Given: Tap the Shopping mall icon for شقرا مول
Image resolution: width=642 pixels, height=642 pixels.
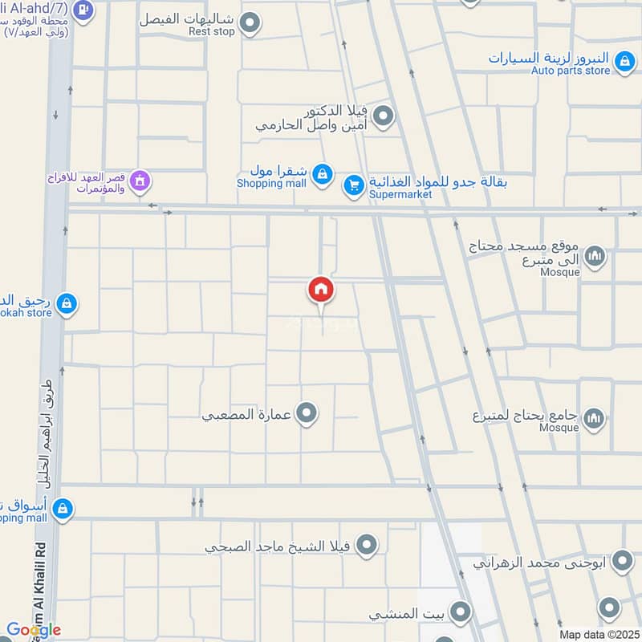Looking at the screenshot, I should [x=322, y=173].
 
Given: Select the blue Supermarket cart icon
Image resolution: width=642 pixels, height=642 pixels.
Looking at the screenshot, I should [x=353, y=186].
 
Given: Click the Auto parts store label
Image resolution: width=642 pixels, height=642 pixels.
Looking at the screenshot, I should [x=571, y=71].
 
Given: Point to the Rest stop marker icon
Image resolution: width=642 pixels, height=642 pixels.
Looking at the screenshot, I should [x=250, y=23].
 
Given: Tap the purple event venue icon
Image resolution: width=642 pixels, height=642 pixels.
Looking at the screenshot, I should [x=140, y=182].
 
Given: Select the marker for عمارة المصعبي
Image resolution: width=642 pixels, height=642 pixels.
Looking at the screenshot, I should [x=306, y=414].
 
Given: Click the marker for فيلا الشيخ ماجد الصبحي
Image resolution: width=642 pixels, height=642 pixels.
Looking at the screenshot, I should [x=367, y=547].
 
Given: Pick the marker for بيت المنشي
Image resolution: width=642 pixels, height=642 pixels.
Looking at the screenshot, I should [x=459, y=614].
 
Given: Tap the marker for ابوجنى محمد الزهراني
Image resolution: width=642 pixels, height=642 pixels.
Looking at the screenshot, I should [x=622, y=561].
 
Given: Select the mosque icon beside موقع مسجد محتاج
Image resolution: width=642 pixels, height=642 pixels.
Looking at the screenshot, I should [x=594, y=257].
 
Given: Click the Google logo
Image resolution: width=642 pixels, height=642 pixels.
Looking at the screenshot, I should [x=33, y=630].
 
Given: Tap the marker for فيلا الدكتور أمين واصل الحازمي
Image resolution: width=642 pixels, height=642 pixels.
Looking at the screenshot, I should [x=384, y=117].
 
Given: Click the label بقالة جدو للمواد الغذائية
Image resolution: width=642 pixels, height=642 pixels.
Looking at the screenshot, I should [x=437, y=181].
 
